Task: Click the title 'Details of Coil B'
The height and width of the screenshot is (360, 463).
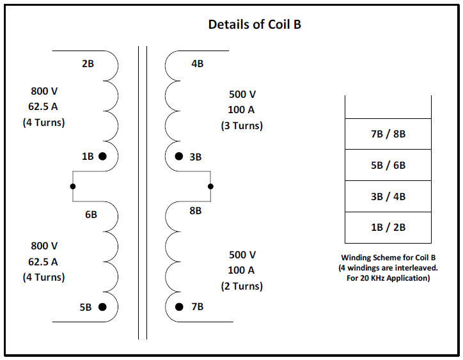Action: tap(255, 24)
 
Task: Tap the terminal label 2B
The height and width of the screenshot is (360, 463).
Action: tap(88, 64)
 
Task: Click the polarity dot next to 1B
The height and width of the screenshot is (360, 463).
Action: tap(102, 156)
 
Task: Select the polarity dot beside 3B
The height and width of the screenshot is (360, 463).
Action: tap(179, 156)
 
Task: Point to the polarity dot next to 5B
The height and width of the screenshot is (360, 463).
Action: tap(102, 307)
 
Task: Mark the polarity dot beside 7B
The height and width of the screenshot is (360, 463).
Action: tap(179, 307)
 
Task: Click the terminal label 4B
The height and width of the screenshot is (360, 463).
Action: tap(198, 64)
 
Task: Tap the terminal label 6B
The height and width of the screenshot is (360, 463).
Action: tap(91, 215)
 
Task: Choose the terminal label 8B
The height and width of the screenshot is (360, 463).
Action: tap(196, 211)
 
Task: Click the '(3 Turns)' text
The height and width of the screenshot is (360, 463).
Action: tap(242, 126)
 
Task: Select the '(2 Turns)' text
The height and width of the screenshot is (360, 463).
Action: tap(242, 286)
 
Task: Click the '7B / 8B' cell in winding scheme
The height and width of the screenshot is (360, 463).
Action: tap(388, 134)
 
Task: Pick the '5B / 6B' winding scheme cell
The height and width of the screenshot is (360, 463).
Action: tap(388, 165)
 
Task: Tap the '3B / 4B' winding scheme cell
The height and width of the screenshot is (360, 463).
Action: tap(388, 196)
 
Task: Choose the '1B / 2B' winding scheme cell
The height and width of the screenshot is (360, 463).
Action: tap(388, 228)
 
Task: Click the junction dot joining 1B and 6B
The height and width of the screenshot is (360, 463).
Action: tap(73, 186)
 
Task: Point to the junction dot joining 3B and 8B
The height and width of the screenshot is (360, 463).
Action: tap(210, 186)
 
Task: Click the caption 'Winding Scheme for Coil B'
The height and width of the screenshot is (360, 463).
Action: tap(388, 258)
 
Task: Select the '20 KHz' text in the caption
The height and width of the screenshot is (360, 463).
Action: tap(373, 278)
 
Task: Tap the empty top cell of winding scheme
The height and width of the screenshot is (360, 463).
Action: tap(388, 107)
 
